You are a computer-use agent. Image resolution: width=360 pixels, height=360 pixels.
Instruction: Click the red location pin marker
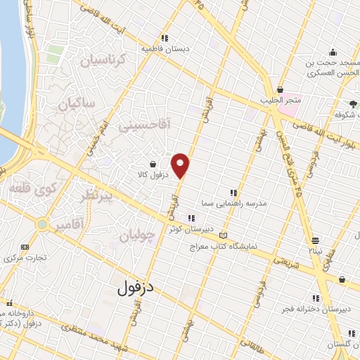(181, 165)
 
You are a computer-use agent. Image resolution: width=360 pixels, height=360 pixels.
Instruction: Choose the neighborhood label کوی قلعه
(25, 189)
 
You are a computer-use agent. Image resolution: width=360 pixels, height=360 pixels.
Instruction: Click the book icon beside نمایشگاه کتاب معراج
(224, 236)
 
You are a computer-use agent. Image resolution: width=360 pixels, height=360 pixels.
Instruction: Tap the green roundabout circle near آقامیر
(43, 225)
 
